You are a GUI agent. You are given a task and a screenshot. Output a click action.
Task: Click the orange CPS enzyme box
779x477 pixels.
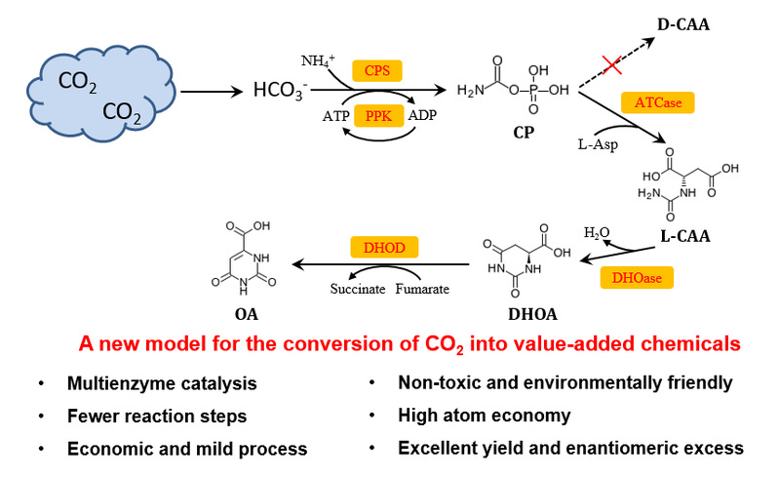pyautogui.click(x=375, y=71)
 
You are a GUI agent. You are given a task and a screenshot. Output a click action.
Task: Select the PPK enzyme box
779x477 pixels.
pyautogui.click(x=376, y=116)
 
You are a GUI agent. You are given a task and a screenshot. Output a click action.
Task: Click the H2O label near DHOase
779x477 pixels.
pyautogui.click(x=598, y=234)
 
